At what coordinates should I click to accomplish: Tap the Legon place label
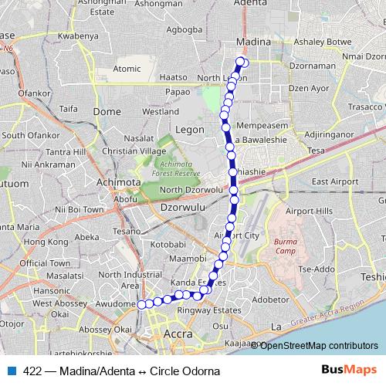pyautogui.click(x=189, y=129)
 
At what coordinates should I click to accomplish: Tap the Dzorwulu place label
pyautogui.click(x=178, y=208)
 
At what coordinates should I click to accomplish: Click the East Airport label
pyautogui.click(x=335, y=182)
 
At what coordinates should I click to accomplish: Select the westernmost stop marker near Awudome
pyautogui.click(x=142, y=304)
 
